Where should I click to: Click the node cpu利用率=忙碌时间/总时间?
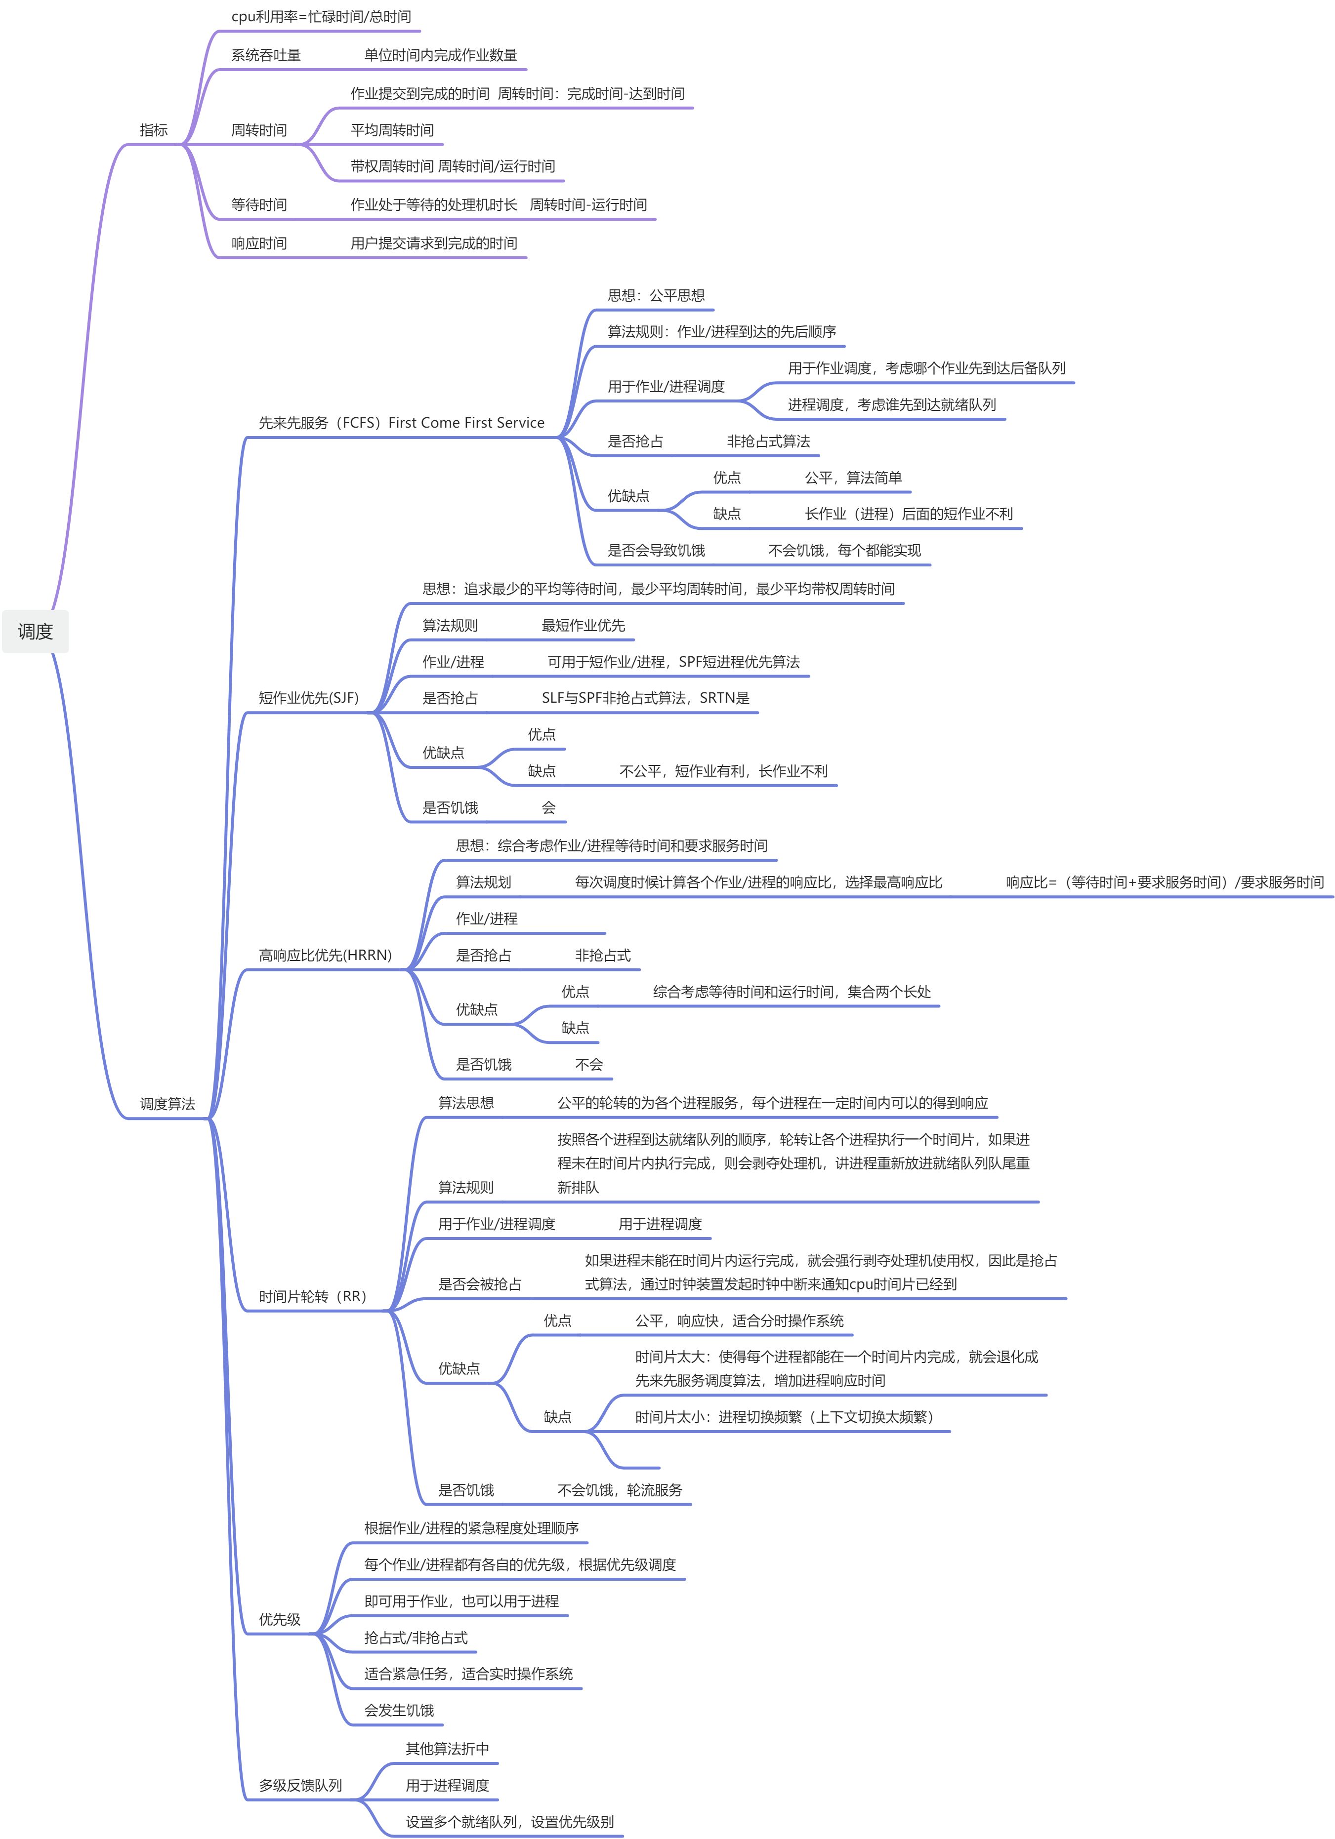coord(321,17)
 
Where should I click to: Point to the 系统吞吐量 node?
coord(266,55)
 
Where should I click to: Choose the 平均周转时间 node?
coord(392,130)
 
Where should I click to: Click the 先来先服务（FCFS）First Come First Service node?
coord(402,422)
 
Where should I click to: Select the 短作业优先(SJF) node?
coord(308,697)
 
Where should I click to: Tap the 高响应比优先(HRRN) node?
coord(325,955)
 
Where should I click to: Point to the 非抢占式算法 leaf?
coord(768,441)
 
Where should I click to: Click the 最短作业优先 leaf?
coord(583,625)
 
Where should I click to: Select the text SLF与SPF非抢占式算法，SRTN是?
coord(646,697)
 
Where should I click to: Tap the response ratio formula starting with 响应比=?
coord(1165,882)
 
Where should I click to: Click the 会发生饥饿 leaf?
coord(399,1710)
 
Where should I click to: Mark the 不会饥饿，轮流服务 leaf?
coord(620,1489)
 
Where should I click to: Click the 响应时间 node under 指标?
coord(259,243)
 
